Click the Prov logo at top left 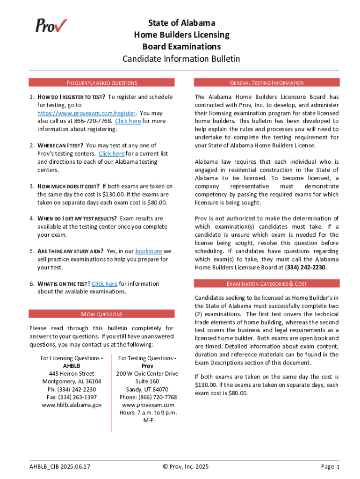click(x=51, y=25)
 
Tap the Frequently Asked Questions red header click(x=101, y=83)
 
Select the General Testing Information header click(x=266, y=83)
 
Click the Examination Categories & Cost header click(x=266, y=283)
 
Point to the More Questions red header click(x=101, y=314)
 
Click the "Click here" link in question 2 click(x=111, y=153)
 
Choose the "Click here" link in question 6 click(x=104, y=283)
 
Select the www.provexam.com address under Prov click(x=148, y=405)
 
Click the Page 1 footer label click(x=330, y=466)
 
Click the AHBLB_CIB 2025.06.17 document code click(x=60, y=466)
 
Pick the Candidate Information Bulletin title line click(x=181, y=59)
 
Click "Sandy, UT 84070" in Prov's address click(x=148, y=389)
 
